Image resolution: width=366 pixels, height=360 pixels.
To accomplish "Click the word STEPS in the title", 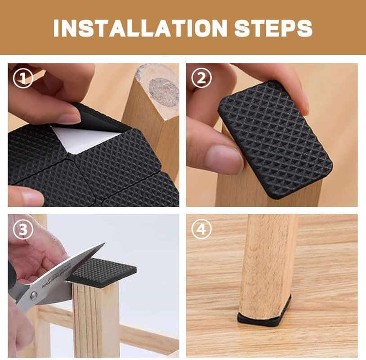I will coord(273,28).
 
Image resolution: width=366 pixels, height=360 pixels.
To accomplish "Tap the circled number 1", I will coord(22,79).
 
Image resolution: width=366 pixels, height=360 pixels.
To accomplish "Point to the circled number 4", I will coord(201,229).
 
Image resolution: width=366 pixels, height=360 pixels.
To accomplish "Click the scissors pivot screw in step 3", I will coord(33,296).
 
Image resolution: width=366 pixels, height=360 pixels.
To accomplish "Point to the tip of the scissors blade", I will coord(103,244).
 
